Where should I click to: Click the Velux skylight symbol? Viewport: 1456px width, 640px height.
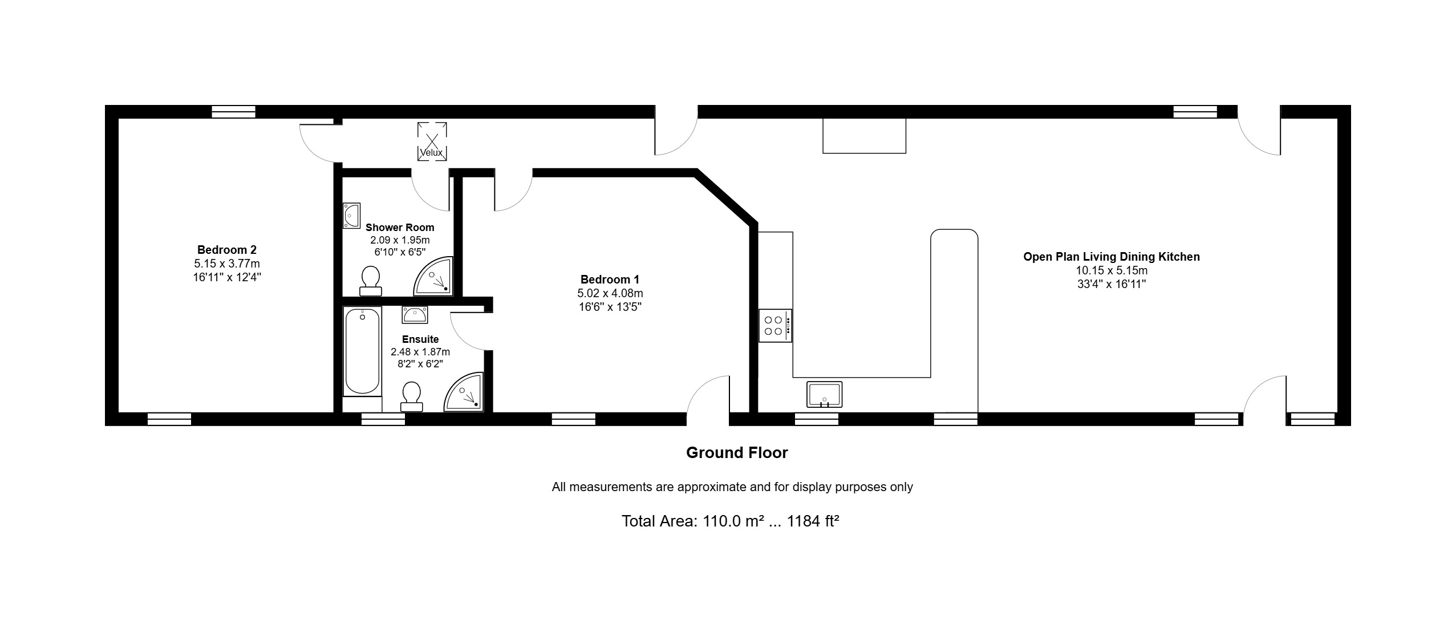pyautogui.click(x=432, y=141)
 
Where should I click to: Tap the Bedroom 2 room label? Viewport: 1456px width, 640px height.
pyautogui.click(x=227, y=250)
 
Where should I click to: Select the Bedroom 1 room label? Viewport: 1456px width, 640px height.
pyautogui.click(x=610, y=280)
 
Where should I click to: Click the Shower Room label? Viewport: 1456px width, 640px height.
pyautogui.click(x=400, y=228)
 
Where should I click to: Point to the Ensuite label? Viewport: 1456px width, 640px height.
pyautogui.click(x=420, y=339)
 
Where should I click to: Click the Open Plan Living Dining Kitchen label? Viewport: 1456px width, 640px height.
pyautogui.click(x=1112, y=257)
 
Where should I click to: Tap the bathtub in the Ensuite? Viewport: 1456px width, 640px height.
pyautogui.click(x=362, y=351)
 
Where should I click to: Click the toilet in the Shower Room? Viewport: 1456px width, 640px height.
pyautogui.click(x=371, y=281)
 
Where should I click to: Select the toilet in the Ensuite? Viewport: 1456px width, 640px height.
pyautogui.click(x=411, y=396)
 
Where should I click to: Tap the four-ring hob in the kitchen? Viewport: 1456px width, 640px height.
pyautogui.click(x=775, y=326)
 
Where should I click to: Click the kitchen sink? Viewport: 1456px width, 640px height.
pyautogui.click(x=825, y=394)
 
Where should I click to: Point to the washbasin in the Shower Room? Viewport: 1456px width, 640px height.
pyautogui.click(x=351, y=216)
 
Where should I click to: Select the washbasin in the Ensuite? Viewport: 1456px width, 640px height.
pyautogui.click(x=415, y=315)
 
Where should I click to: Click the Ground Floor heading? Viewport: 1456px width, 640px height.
pyautogui.click(x=737, y=453)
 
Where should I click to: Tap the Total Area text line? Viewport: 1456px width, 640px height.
pyautogui.click(x=730, y=521)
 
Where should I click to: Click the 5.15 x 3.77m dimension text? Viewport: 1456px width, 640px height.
pyautogui.click(x=227, y=264)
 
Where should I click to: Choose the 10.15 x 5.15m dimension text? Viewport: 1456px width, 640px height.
pyautogui.click(x=1112, y=271)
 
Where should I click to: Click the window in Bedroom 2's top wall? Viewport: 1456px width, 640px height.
pyautogui.click(x=233, y=112)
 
